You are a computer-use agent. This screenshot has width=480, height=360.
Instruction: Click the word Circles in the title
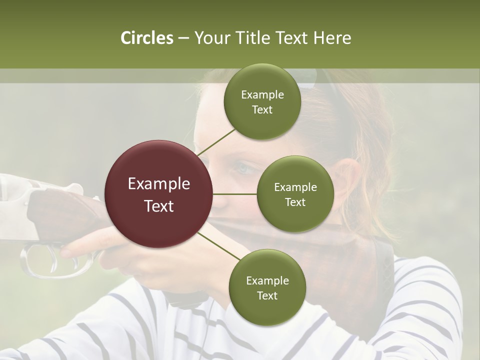(x=146, y=38)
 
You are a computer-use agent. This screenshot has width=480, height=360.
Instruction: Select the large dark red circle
(x=159, y=194)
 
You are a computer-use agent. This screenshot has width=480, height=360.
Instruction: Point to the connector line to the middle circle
(x=235, y=194)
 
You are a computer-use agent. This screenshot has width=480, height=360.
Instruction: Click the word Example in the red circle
(x=159, y=184)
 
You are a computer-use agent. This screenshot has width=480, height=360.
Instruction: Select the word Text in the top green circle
(x=262, y=110)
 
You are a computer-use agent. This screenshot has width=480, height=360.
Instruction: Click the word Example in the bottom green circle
(x=267, y=280)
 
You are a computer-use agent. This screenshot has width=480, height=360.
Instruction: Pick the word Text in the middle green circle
(x=295, y=202)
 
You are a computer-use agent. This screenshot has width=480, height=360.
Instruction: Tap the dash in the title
(x=183, y=38)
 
